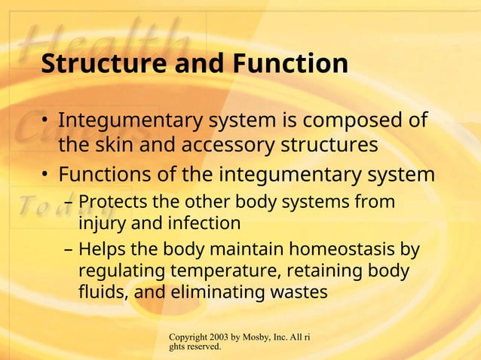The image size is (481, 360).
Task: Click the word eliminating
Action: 223,291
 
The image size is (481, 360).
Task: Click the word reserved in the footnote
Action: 207,347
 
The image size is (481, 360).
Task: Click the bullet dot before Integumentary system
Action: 46,121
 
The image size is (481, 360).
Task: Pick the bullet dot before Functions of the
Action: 46,175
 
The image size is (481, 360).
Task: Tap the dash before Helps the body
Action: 69,250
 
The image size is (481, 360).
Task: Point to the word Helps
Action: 103,249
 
